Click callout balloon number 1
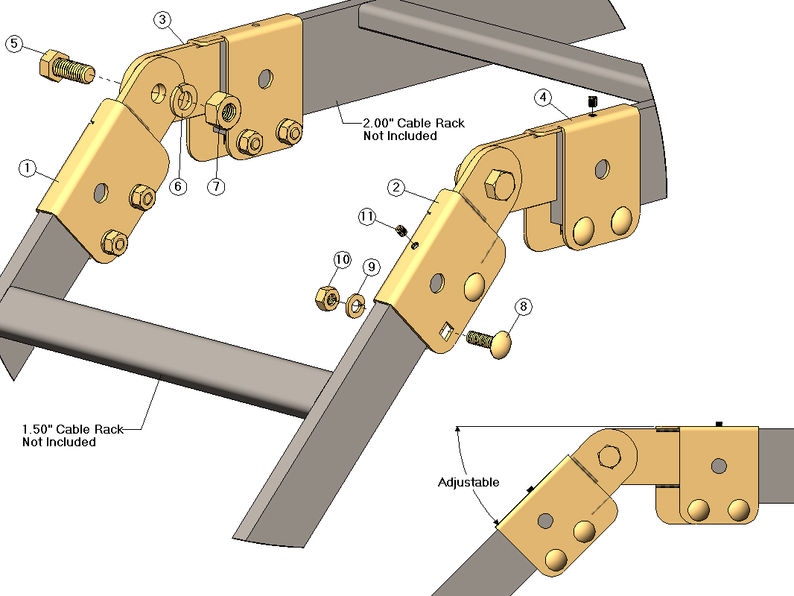tap(27, 168)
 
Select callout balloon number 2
tap(396, 188)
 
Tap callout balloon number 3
tap(164, 20)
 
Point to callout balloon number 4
tap(543, 97)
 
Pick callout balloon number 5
tap(14, 44)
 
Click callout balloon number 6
tap(177, 186)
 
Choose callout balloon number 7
tap(215, 186)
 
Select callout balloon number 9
tap(371, 266)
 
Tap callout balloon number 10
tap(342, 259)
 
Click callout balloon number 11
tap(366, 217)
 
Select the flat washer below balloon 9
tap(355, 304)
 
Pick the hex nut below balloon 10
tap(328, 298)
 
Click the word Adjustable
tap(469, 482)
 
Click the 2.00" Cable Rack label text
tap(413, 129)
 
